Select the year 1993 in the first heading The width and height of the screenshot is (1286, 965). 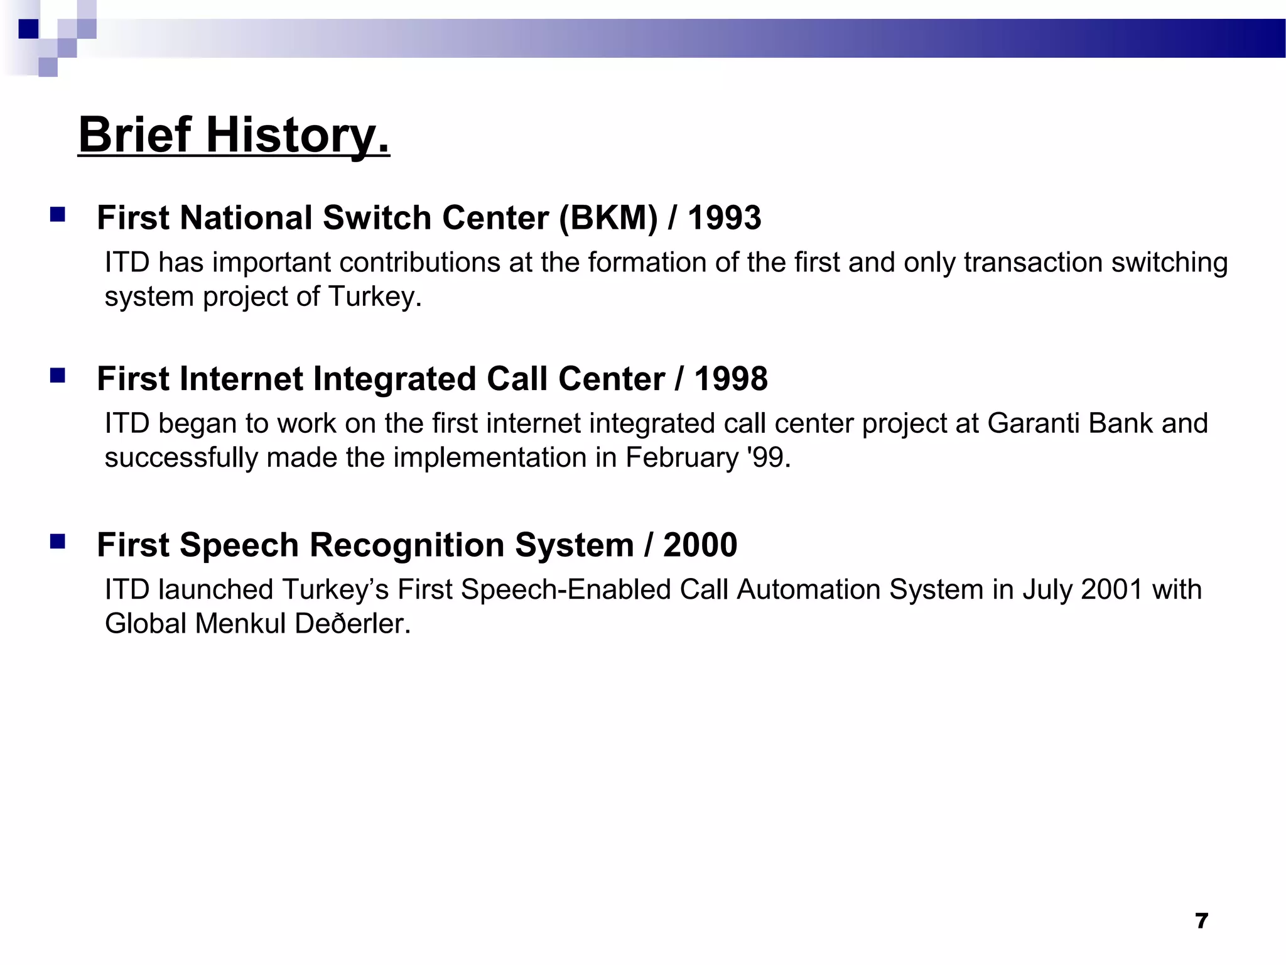(724, 218)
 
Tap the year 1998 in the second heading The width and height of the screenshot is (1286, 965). (730, 379)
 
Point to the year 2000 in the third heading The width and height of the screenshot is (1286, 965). (700, 545)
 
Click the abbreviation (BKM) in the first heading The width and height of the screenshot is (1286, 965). (608, 218)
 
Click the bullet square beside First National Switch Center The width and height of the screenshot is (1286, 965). (58, 215)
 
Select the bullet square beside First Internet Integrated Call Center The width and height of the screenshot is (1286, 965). (58, 376)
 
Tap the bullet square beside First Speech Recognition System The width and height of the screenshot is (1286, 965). (58, 542)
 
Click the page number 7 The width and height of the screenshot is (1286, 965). (1201, 921)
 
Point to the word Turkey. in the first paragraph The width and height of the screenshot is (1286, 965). (374, 297)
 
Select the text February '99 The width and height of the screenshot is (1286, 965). (708, 457)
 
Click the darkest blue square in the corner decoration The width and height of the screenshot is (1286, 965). (28, 29)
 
